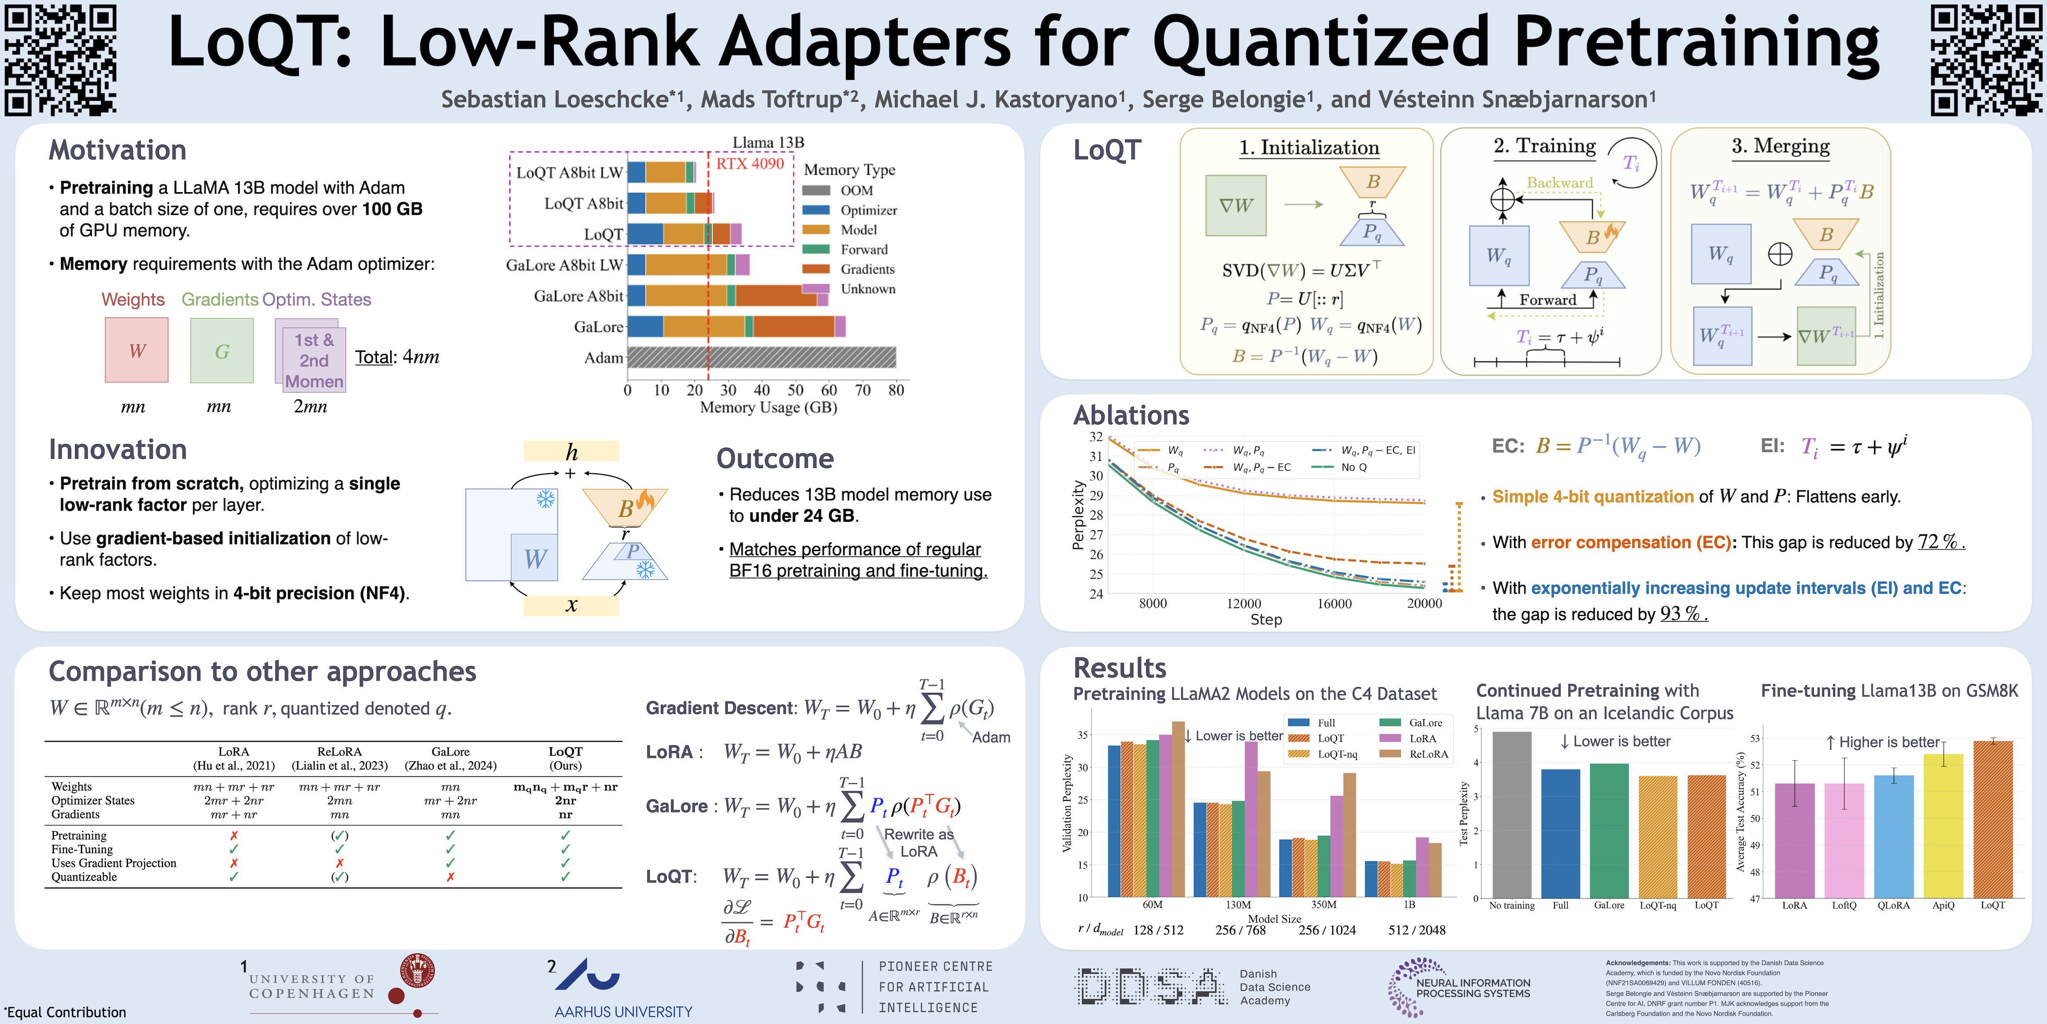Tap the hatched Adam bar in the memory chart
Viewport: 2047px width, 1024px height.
(x=761, y=358)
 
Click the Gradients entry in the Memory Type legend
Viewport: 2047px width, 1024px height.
(x=866, y=269)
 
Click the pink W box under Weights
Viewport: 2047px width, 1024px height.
(x=137, y=351)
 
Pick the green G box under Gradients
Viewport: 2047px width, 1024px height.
(x=222, y=351)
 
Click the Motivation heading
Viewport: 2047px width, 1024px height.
(x=118, y=150)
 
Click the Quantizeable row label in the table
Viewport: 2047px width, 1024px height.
(x=84, y=877)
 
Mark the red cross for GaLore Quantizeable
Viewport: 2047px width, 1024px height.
(x=450, y=877)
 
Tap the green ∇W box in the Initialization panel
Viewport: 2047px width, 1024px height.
(x=1236, y=206)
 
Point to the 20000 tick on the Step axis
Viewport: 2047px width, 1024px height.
(x=1424, y=604)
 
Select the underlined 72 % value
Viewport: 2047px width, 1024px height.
(x=1940, y=542)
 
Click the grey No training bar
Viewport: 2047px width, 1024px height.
(x=1511, y=815)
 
